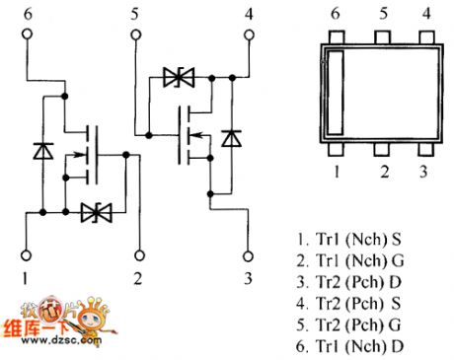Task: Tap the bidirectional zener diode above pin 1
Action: [97, 210]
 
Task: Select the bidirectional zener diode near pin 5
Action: [180, 75]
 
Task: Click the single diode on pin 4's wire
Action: [231, 139]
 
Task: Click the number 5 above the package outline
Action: [383, 15]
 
